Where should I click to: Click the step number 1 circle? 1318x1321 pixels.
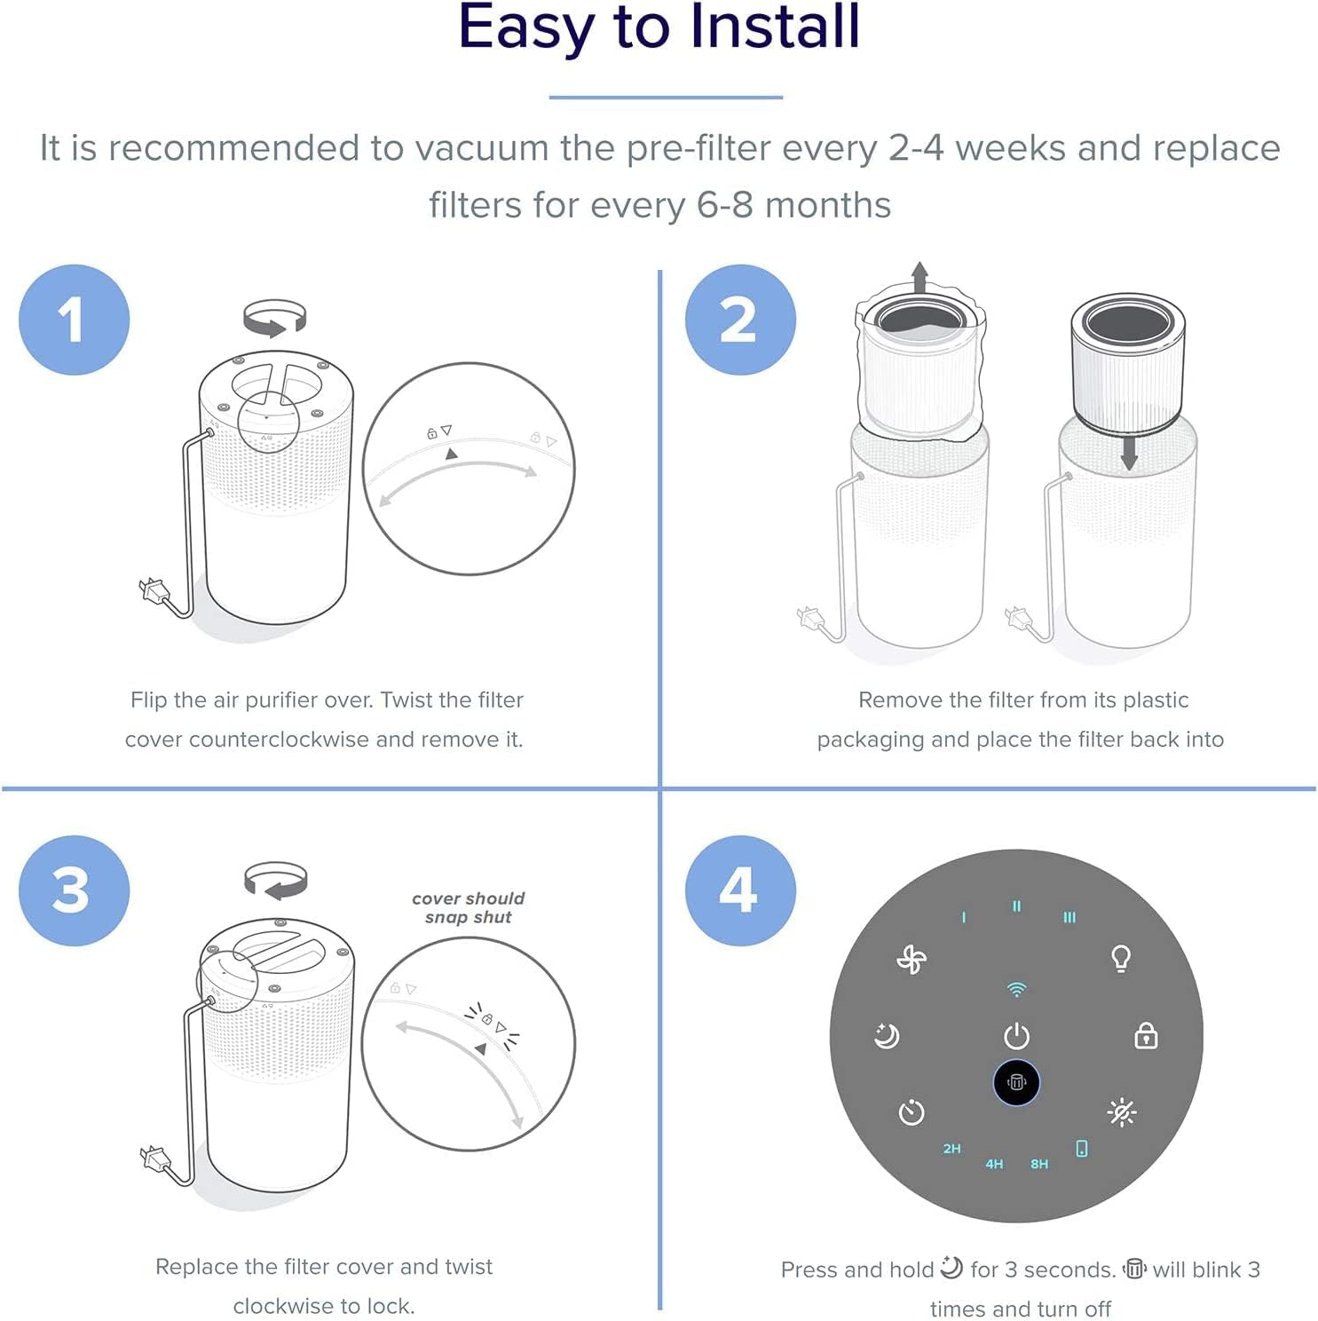pos(74,320)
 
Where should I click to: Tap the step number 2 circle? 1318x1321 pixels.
pos(739,320)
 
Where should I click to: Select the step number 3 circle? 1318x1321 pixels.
pos(74,890)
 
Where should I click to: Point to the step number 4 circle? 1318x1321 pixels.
pos(739,890)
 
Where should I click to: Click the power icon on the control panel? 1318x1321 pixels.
pos(1016,1036)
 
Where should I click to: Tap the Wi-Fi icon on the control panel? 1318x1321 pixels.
pos(1016,989)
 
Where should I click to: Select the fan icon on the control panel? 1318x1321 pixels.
pos(912,960)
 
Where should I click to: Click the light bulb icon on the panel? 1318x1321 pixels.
pos(1121,959)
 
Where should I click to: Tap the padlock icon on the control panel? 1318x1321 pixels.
pos(1146,1035)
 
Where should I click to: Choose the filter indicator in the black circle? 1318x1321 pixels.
pos(1016,1083)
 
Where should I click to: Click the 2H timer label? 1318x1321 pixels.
pos(951,1149)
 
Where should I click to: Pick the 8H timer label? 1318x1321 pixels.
pos(1039,1164)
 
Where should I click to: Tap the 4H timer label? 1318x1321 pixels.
pos(994,1164)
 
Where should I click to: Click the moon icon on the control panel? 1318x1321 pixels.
pos(887,1036)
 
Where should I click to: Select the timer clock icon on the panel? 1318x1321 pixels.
pos(912,1112)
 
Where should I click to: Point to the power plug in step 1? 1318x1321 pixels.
pos(153,589)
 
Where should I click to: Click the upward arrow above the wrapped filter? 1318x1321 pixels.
pos(919,276)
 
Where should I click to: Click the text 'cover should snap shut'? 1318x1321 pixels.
pos(468,907)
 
